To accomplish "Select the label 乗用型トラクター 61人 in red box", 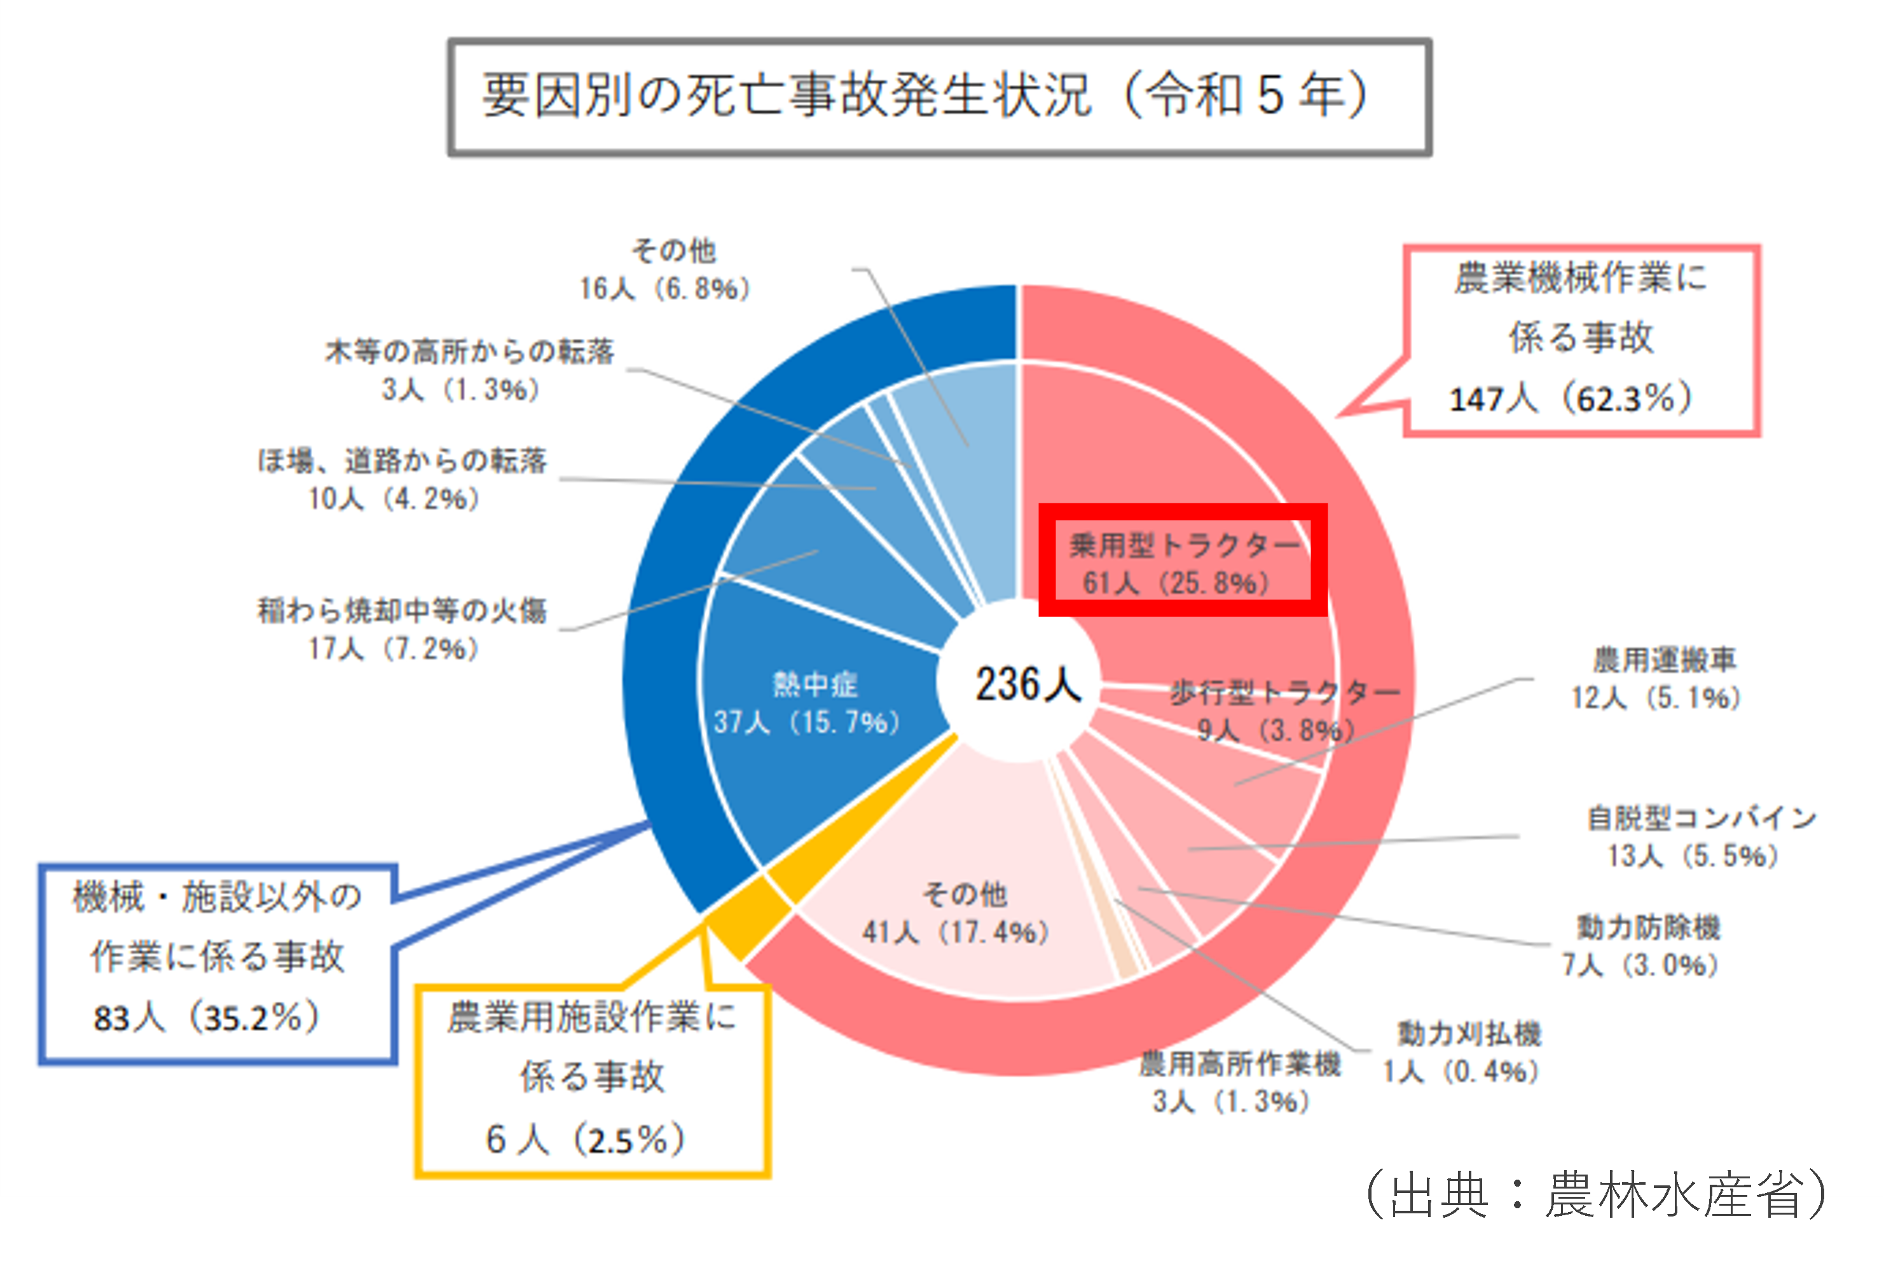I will tap(1183, 563).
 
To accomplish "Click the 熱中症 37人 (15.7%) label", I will tap(808, 704).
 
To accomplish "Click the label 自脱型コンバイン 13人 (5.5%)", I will tap(1697, 836).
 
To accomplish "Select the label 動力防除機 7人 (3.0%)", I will tap(1645, 946).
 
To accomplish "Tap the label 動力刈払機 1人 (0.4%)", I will tap(1464, 1052).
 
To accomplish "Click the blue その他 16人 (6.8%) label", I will tap(668, 269).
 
